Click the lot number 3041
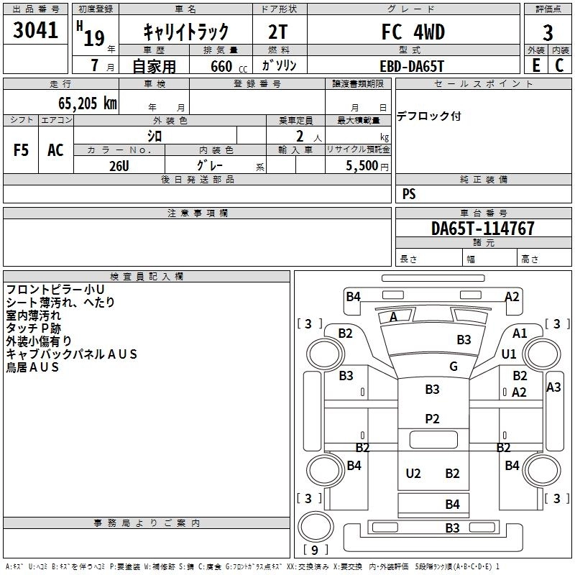pyautogui.click(x=35, y=30)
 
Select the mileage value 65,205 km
pyautogui.click(x=88, y=103)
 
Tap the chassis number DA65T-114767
pyautogui.click(x=482, y=229)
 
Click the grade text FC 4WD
pyautogui.click(x=413, y=32)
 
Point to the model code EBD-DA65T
pyautogui.click(x=412, y=66)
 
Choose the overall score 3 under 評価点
pyautogui.click(x=548, y=33)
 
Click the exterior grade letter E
pyautogui.click(x=536, y=65)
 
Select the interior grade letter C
pyautogui.click(x=559, y=65)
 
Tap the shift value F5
pyautogui.click(x=21, y=150)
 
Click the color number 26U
pyautogui.click(x=119, y=166)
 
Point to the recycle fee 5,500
pyautogui.click(x=362, y=166)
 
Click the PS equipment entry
pyautogui.click(x=409, y=193)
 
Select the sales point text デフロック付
pyautogui.click(x=428, y=116)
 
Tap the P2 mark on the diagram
pyautogui.click(x=432, y=419)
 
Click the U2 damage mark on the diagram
pyautogui.click(x=413, y=474)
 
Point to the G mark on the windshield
pyautogui.click(x=454, y=366)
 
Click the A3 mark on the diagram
pyautogui.click(x=553, y=387)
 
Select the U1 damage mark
pyautogui.click(x=509, y=354)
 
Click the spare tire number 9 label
pyautogui.click(x=315, y=550)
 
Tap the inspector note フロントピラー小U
pyautogui.click(x=55, y=290)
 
